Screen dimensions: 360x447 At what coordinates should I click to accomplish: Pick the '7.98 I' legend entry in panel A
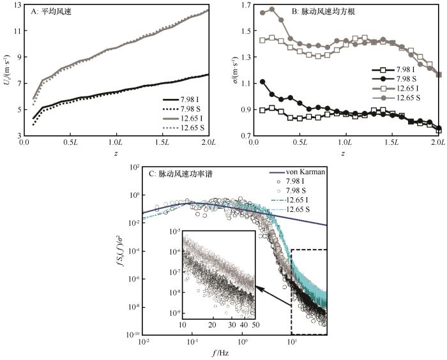pyautogui.click(x=191, y=100)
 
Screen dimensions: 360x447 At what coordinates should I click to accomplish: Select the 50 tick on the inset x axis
pyautogui.click(x=255, y=326)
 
